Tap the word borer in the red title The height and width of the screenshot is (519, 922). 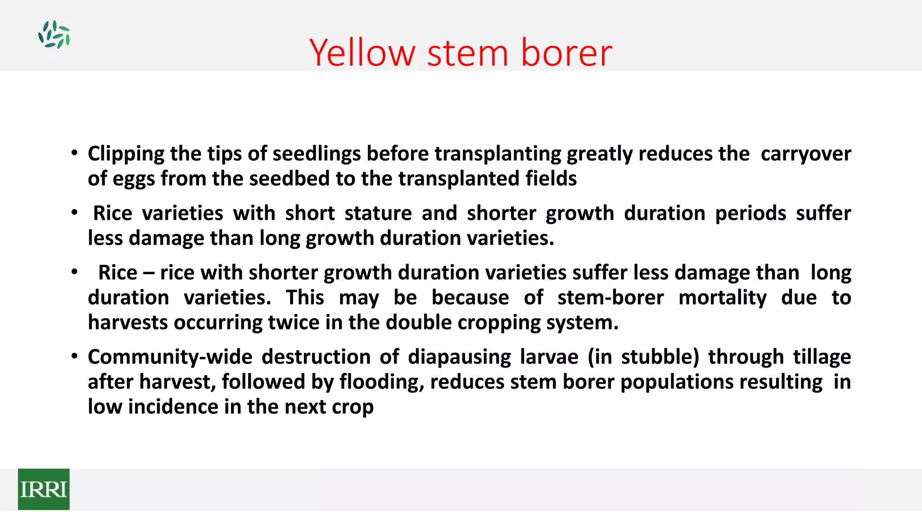(x=566, y=53)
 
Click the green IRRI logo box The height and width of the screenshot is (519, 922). (x=44, y=489)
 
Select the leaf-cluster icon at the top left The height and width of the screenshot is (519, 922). (x=54, y=34)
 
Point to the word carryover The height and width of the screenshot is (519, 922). (x=805, y=154)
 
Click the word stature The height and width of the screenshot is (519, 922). (x=378, y=214)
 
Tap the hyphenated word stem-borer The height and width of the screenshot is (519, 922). (x=610, y=298)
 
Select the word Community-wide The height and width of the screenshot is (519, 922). (x=170, y=357)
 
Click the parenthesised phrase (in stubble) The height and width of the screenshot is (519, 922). (x=643, y=357)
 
